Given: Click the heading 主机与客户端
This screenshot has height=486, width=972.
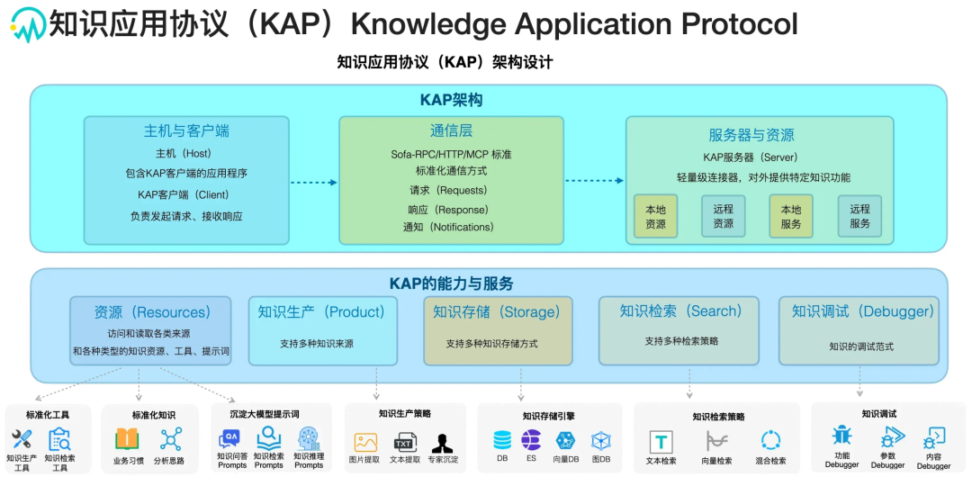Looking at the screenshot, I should pyautogui.click(x=186, y=130).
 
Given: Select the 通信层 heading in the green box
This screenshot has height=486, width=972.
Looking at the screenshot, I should pyautogui.click(x=451, y=130).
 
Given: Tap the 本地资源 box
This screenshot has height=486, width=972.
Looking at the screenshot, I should pyautogui.click(x=655, y=216).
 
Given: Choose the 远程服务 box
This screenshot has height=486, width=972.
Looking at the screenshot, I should pyautogui.click(x=859, y=216).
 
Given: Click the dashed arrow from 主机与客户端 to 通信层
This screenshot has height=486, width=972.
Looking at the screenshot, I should pyautogui.click(x=313, y=182).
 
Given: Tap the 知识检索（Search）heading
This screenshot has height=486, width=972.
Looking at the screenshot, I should pyautogui.click(x=680, y=311).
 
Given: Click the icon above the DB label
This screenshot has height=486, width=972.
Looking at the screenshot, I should pyautogui.click(x=502, y=440).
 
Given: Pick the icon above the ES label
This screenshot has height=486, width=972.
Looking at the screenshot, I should pyautogui.click(x=532, y=440).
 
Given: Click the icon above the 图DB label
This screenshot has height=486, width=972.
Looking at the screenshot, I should pyautogui.click(x=601, y=441).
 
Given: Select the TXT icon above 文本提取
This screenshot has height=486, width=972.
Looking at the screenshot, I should pyautogui.click(x=404, y=442).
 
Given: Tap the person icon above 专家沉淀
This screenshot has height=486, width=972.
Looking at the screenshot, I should pyautogui.click(x=442, y=442).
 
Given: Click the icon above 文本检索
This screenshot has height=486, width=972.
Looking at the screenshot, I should pyautogui.click(x=661, y=441).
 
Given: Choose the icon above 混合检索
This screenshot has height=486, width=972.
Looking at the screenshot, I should pyautogui.click(x=770, y=441).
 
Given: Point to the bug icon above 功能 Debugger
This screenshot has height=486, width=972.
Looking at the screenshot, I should pyautogui.click(x=841, y=436).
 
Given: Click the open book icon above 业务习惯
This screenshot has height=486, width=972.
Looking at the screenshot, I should pyautogui.click(x=127, y=439).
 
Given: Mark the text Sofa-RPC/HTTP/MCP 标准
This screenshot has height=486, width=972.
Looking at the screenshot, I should pyautogui.click(x=451, y=155).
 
